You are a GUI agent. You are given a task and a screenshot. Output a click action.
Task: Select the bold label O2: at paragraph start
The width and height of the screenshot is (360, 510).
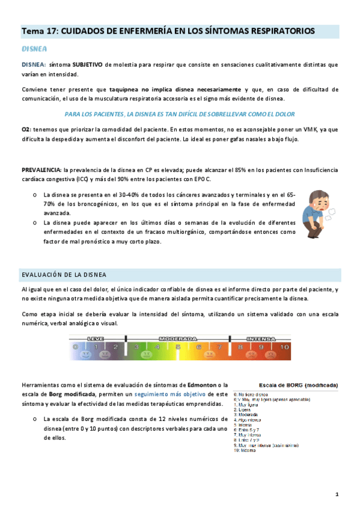click(26, 129)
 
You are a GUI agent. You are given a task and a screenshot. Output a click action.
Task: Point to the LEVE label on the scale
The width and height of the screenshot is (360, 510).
click(96, 339)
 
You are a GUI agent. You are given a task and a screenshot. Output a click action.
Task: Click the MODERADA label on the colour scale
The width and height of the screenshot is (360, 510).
click(177, 339)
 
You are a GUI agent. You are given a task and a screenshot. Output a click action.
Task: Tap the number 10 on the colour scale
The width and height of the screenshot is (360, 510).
click(284, 347)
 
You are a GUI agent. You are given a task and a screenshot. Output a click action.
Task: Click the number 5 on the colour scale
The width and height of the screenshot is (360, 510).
click(178, 347)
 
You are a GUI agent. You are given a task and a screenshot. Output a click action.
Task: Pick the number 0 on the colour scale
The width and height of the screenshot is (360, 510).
click(75, 347)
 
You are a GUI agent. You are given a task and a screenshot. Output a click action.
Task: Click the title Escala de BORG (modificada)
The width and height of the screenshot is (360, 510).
click(297, 385)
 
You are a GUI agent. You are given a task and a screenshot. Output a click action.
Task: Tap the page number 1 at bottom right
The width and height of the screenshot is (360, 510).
click(337, 494)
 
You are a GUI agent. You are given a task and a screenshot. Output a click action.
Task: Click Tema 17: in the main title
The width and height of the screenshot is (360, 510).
click(40, 30)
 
